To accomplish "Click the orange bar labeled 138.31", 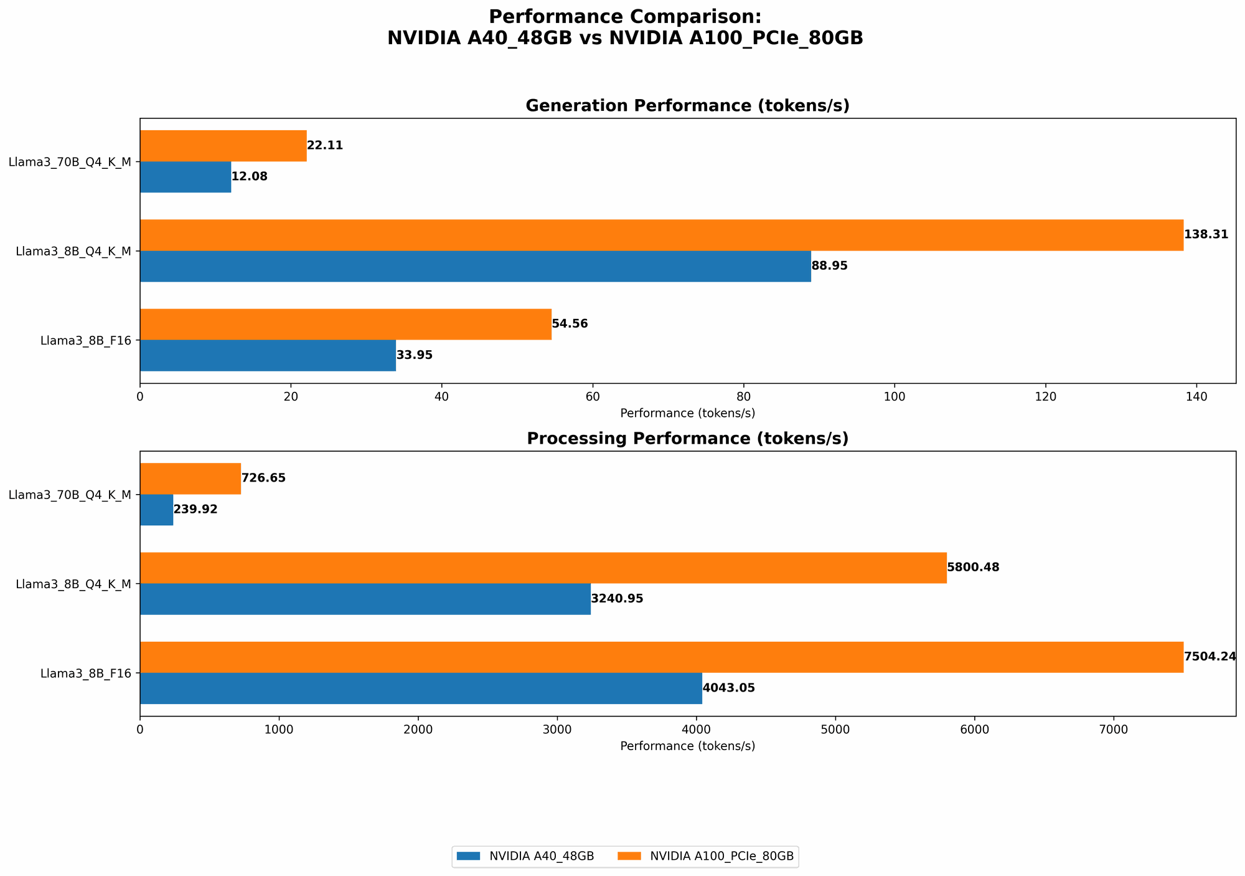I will click(661, 235).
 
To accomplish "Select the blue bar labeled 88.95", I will click(475, 266).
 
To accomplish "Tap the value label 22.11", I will click(325, 146).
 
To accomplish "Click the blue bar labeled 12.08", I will click(186, 177).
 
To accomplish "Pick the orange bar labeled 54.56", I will click(345, 324).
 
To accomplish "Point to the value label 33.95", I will click(414, 356).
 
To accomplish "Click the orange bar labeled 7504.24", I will click(661, 657).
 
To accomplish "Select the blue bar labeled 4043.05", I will click(421, 688).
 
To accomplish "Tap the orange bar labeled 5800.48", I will click(543, 568).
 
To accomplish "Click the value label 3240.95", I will click(617, 599).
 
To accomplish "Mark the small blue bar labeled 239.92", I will click(156, 510).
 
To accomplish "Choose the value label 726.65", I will click(263, 478).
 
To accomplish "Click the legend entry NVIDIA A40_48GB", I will click(526, 857).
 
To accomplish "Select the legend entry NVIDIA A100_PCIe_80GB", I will click(707, 857).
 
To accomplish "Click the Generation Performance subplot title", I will click(687, 106).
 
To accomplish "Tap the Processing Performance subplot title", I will click(687, 439).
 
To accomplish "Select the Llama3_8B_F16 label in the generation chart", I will click(86, 341).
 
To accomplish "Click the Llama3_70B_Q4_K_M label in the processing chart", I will click(70, 495).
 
